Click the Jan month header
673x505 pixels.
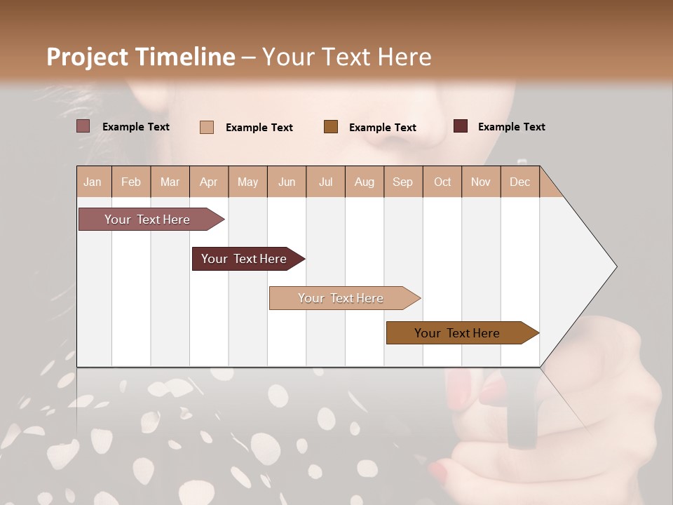[x=93, y=182]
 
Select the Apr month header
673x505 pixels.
[x=208, y=182]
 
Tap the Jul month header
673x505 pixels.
[x=325, y=182]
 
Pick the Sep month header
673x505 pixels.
[x=402, y=182]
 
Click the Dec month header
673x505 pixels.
[x=519, y=182]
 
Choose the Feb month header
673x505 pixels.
[x=131, y=182]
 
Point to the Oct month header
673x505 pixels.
[x=442, y=182]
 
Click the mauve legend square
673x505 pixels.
[x=83, y=126]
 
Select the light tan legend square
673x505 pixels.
[x=206, y=127]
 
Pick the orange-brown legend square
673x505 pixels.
[x=330, y=126]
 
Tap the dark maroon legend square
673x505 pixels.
[x=460, y=126]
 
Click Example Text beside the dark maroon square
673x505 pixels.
[x=511, y=127]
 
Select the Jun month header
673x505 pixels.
[x=287, y=182]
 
